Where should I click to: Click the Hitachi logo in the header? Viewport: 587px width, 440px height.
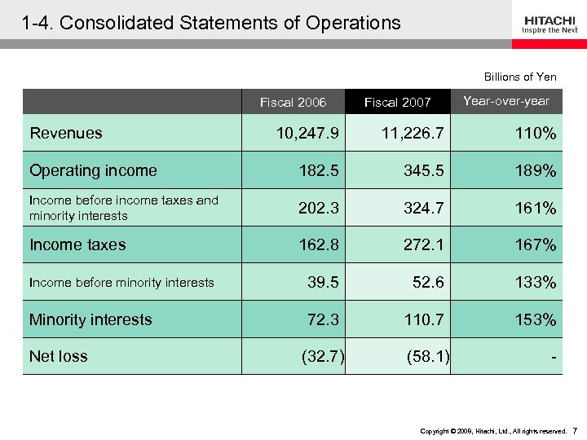[549, 24]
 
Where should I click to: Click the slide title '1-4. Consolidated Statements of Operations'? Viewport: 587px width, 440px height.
[212, 23]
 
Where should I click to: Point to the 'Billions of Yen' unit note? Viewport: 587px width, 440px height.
[520, 77]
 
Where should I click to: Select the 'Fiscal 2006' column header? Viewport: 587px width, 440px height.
[293, 102]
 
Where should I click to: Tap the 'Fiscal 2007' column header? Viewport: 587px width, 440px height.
[397, 102]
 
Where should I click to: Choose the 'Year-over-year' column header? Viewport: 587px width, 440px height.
[505, 101]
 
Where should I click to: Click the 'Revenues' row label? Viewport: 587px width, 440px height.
[66, 133]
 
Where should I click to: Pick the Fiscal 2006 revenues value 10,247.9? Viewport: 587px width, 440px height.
[307, 134]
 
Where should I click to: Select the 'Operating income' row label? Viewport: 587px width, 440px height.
[93, 170]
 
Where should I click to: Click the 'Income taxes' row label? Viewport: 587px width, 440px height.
[77, 244]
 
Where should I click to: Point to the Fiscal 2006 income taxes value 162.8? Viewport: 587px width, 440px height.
[319, 244]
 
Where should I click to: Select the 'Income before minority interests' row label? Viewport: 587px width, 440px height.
[121, 283]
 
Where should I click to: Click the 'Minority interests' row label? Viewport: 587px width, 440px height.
[90, 319]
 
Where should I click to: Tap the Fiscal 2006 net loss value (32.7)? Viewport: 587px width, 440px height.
[323, 356]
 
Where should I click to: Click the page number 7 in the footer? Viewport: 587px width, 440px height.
[575, 430]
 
